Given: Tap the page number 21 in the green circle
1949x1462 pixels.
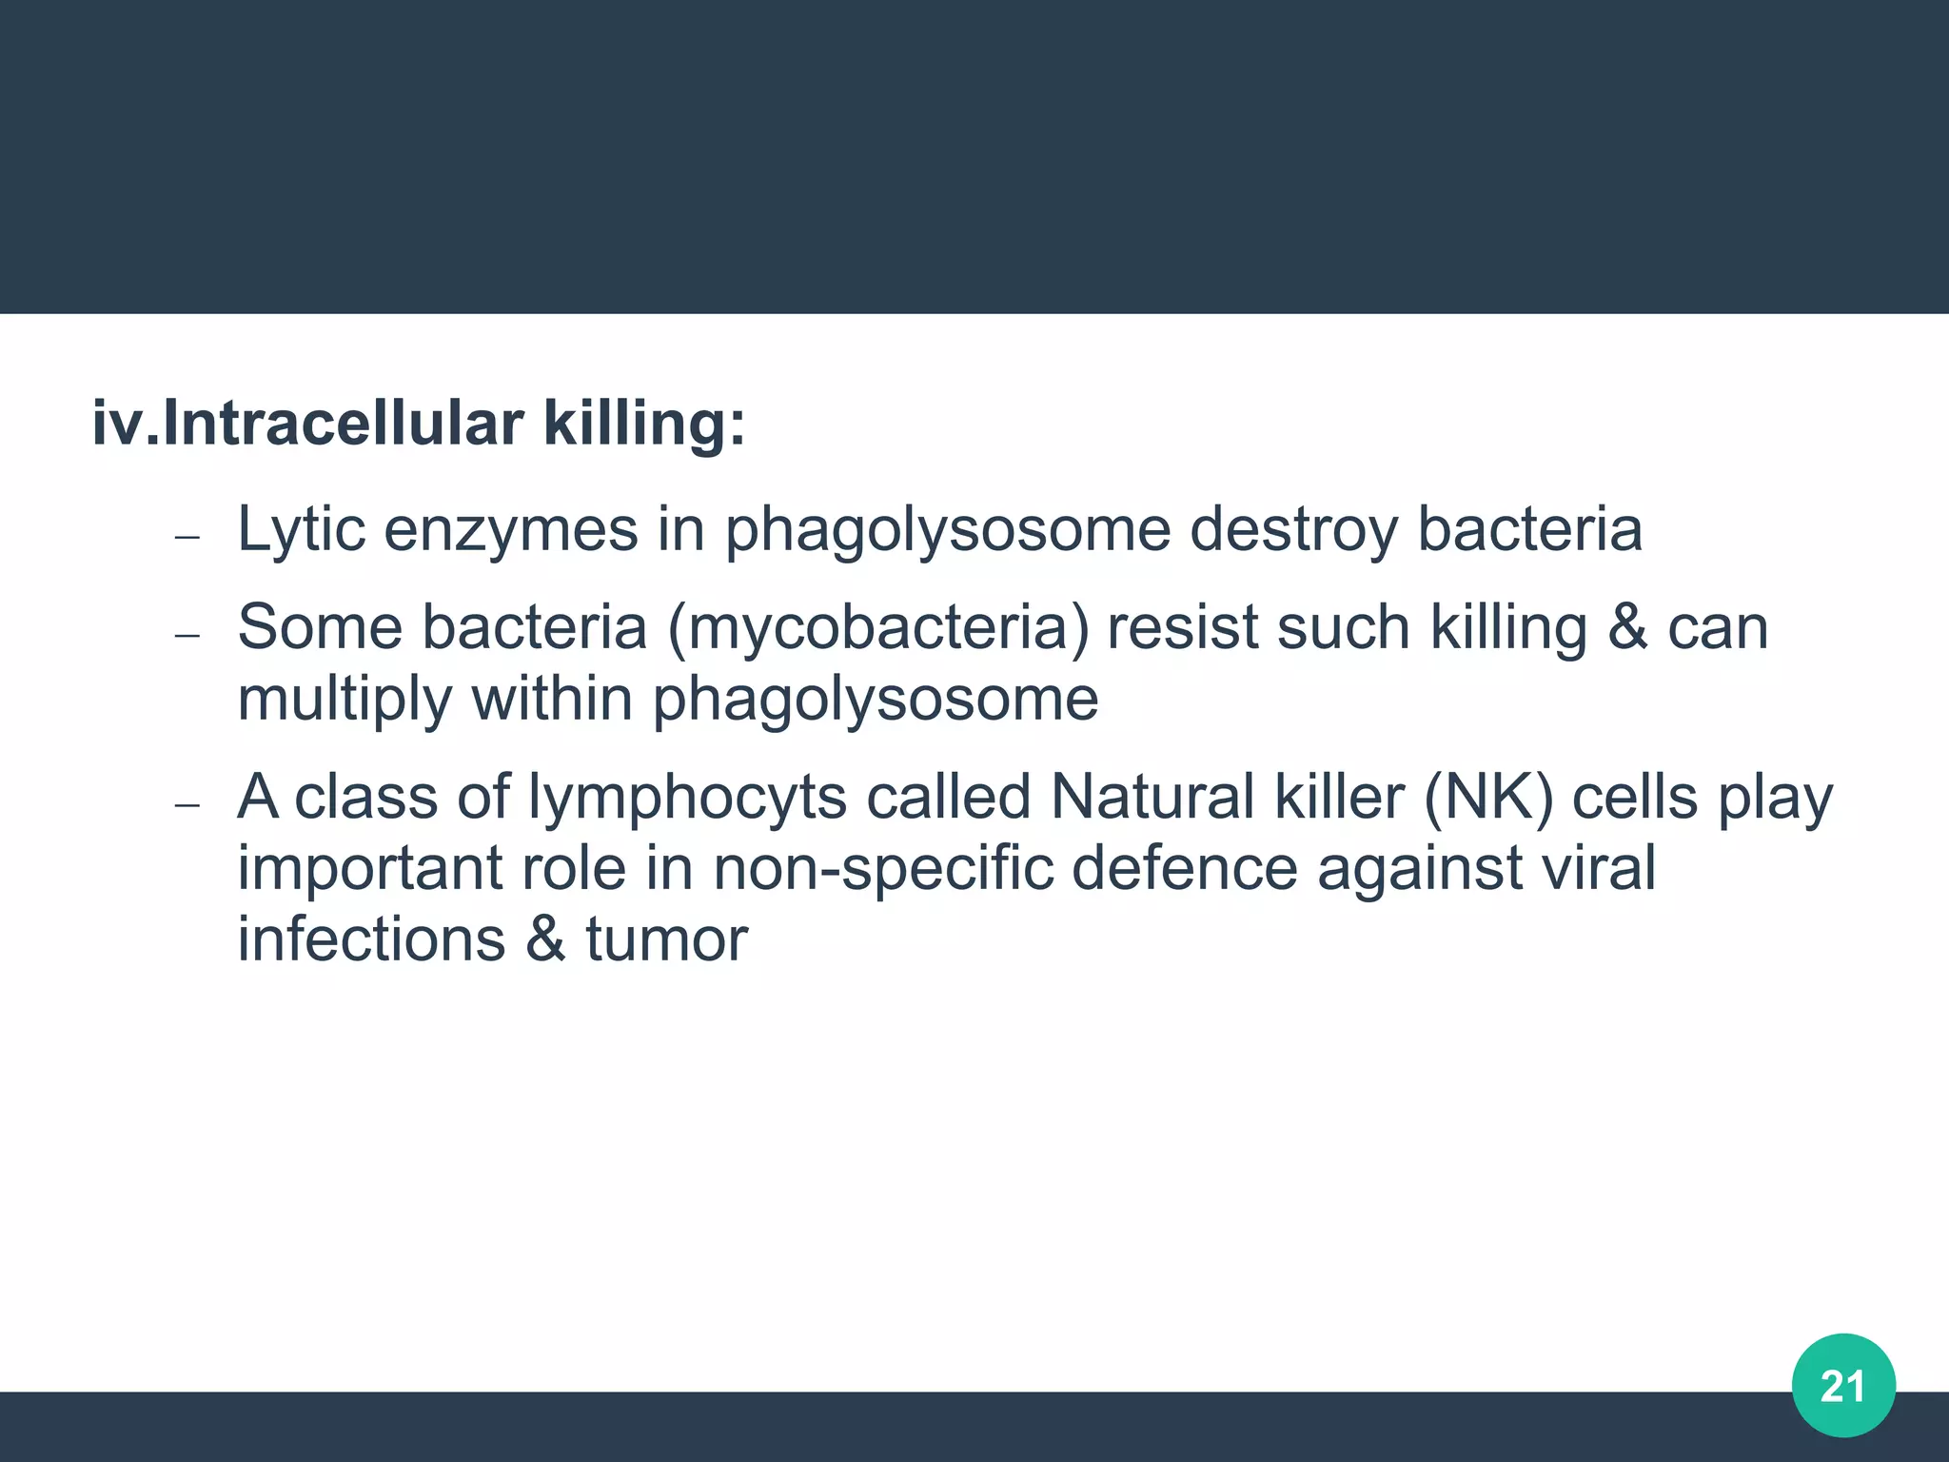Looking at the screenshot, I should click(1842, 1386).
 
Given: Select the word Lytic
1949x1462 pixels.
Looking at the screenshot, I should click(301, 529).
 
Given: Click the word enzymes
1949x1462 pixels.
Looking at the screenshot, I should click(511, 529).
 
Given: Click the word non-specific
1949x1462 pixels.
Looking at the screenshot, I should click(883, 868).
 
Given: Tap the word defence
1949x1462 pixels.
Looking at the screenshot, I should click(1184, 868).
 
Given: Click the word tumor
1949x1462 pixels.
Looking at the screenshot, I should click(666, 940).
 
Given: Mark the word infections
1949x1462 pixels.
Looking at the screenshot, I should click(371, 940).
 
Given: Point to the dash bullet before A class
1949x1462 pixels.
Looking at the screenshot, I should click(187, 805).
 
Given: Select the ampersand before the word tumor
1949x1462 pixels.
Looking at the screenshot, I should click(545, 940).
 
